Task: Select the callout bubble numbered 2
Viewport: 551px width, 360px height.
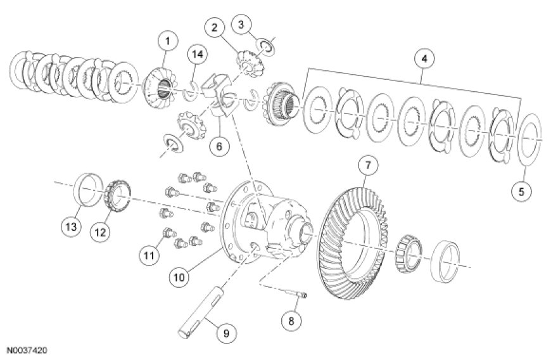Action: (x=215, y=27)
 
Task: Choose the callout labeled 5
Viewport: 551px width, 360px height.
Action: (x=522, y=191)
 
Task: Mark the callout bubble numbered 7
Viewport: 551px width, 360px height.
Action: (x=367, y=166)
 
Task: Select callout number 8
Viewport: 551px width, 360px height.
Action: (x=291, y=321)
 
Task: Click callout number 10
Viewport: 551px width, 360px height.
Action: (x=179, y=276)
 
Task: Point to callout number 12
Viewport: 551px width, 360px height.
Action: (x=99, y=232)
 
